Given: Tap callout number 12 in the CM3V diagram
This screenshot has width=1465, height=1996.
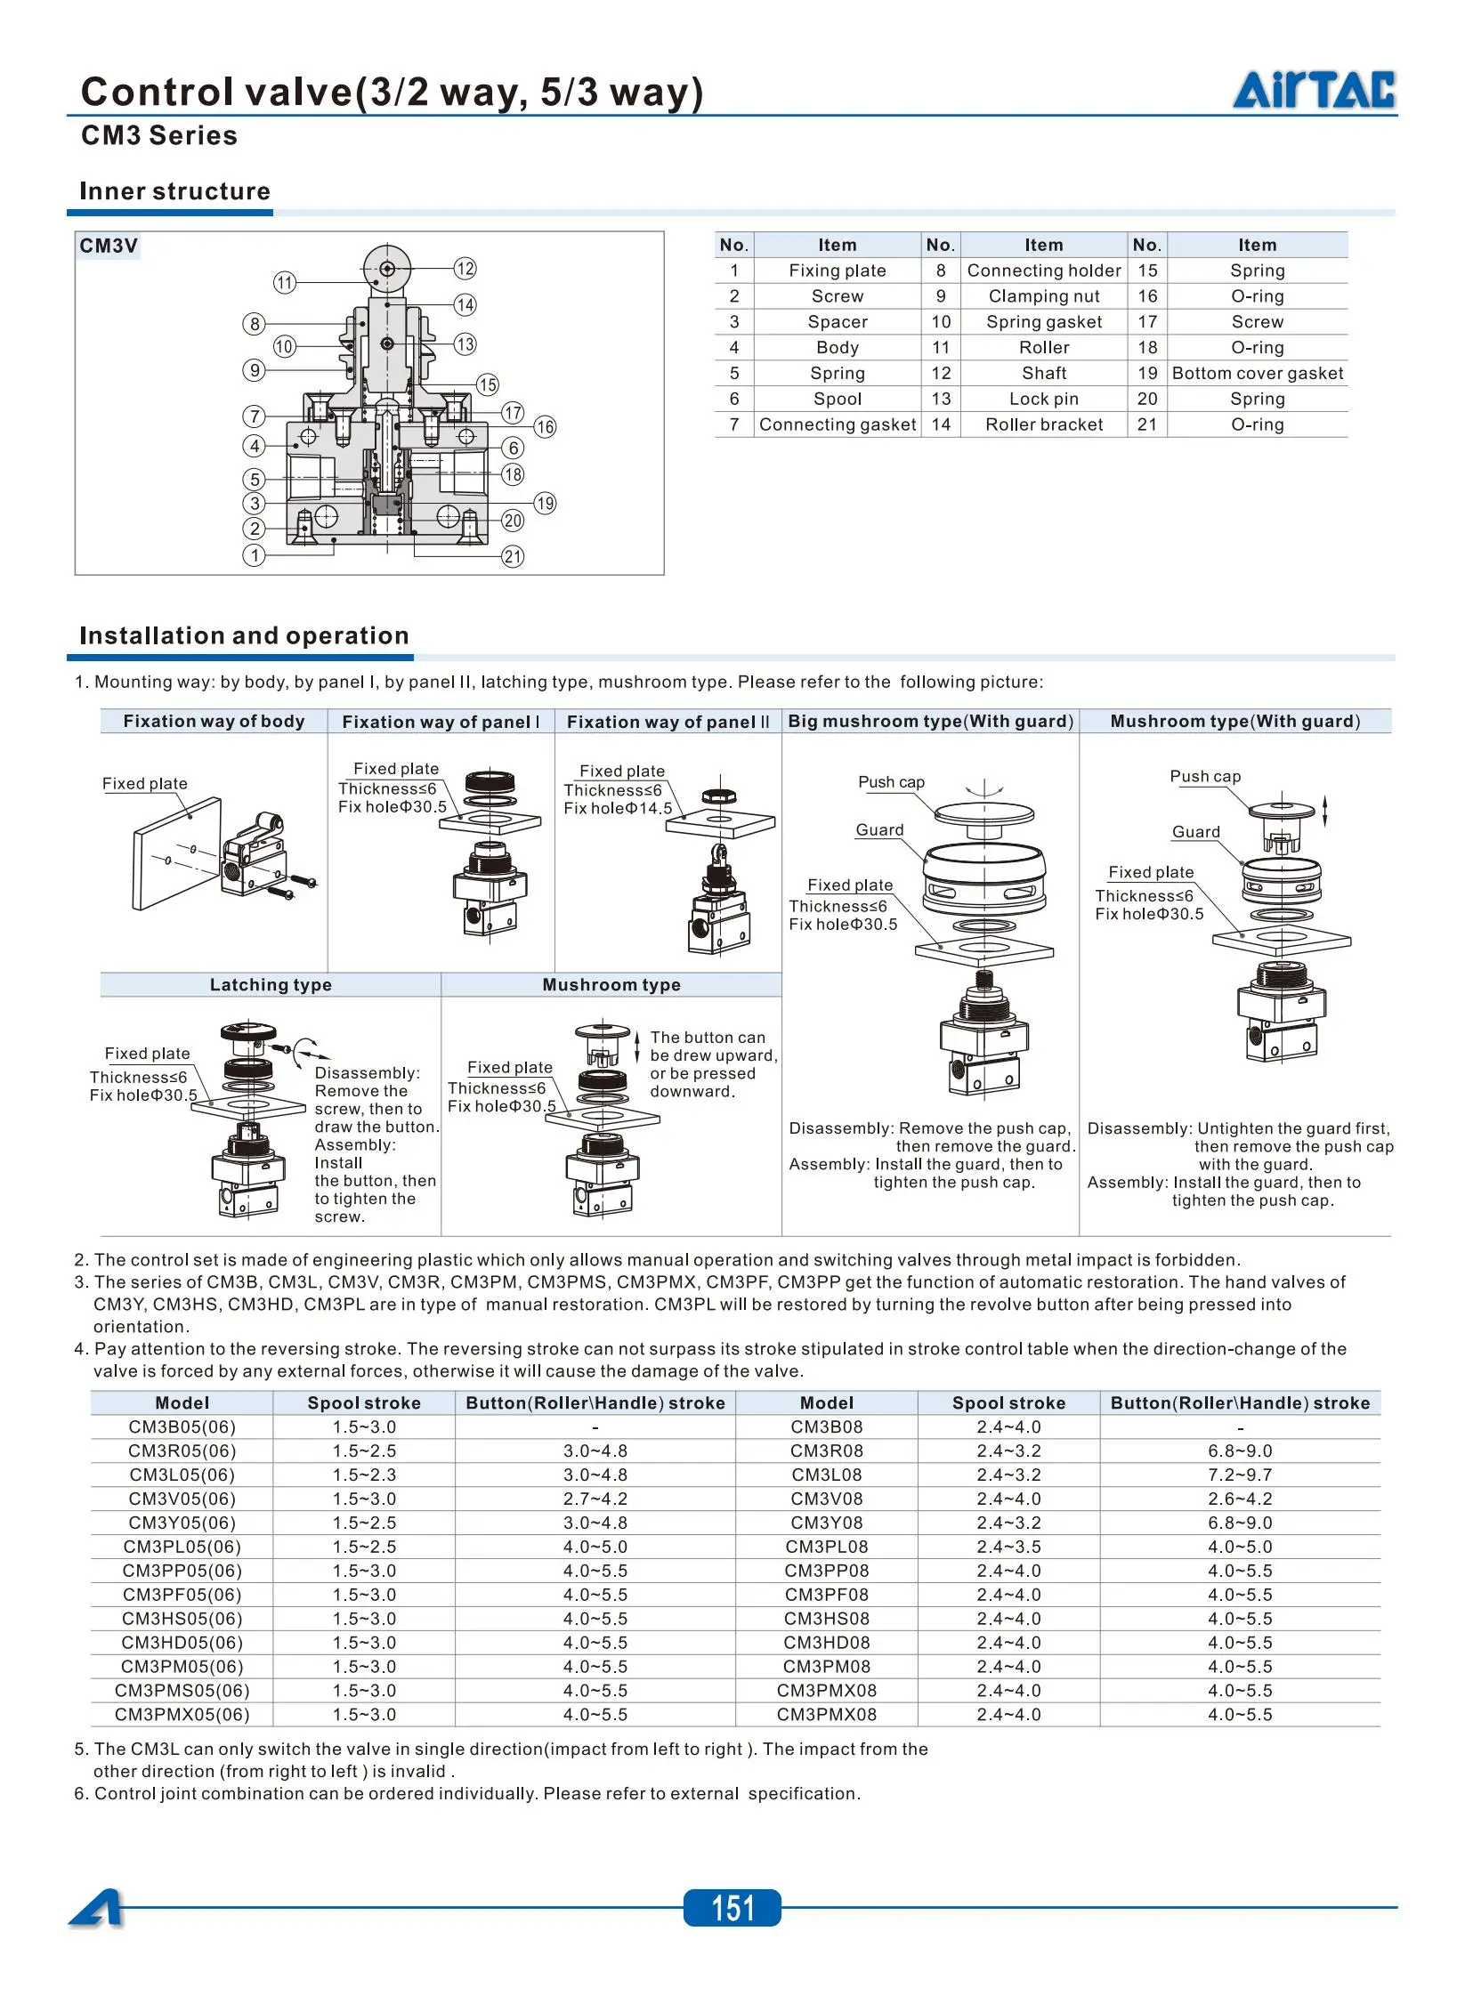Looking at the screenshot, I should click(465, 268).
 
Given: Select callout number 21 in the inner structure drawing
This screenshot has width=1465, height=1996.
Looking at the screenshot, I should click(513, 557).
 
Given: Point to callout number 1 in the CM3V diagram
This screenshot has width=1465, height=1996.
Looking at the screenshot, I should click(255, 556).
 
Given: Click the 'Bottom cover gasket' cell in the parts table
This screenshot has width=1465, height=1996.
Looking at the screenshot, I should click(1257, 373).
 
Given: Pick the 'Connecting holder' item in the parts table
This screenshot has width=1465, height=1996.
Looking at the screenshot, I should click(1043, 271).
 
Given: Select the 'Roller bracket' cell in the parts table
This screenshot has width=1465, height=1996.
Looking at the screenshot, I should click(1043, 424).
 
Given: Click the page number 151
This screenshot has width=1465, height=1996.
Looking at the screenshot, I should click(732, 1908).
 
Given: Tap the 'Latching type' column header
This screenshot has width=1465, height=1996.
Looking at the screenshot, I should click(271, 984).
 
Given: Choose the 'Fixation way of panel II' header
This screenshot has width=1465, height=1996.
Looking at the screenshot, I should click(668, 722).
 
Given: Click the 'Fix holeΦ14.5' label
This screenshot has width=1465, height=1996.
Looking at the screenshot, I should click(618, 808).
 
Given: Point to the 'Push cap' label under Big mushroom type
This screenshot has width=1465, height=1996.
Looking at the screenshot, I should click(891, 781).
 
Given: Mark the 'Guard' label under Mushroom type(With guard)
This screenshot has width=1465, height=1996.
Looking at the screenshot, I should click(1195, 832).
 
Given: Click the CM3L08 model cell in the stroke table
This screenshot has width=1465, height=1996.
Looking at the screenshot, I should click(827, 1475).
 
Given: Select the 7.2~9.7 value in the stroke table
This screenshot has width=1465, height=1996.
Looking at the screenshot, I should click(1240, 1475).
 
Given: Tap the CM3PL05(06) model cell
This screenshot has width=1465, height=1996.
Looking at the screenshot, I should click(182, 1547).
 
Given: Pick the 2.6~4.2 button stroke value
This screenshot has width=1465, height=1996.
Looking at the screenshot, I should click(1240, 1499).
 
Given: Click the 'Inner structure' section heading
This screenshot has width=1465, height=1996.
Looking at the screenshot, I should click(174, 191).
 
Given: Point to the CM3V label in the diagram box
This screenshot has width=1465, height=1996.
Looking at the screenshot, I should click(109, 246).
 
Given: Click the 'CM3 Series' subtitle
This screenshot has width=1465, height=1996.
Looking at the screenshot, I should click(159, 135).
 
